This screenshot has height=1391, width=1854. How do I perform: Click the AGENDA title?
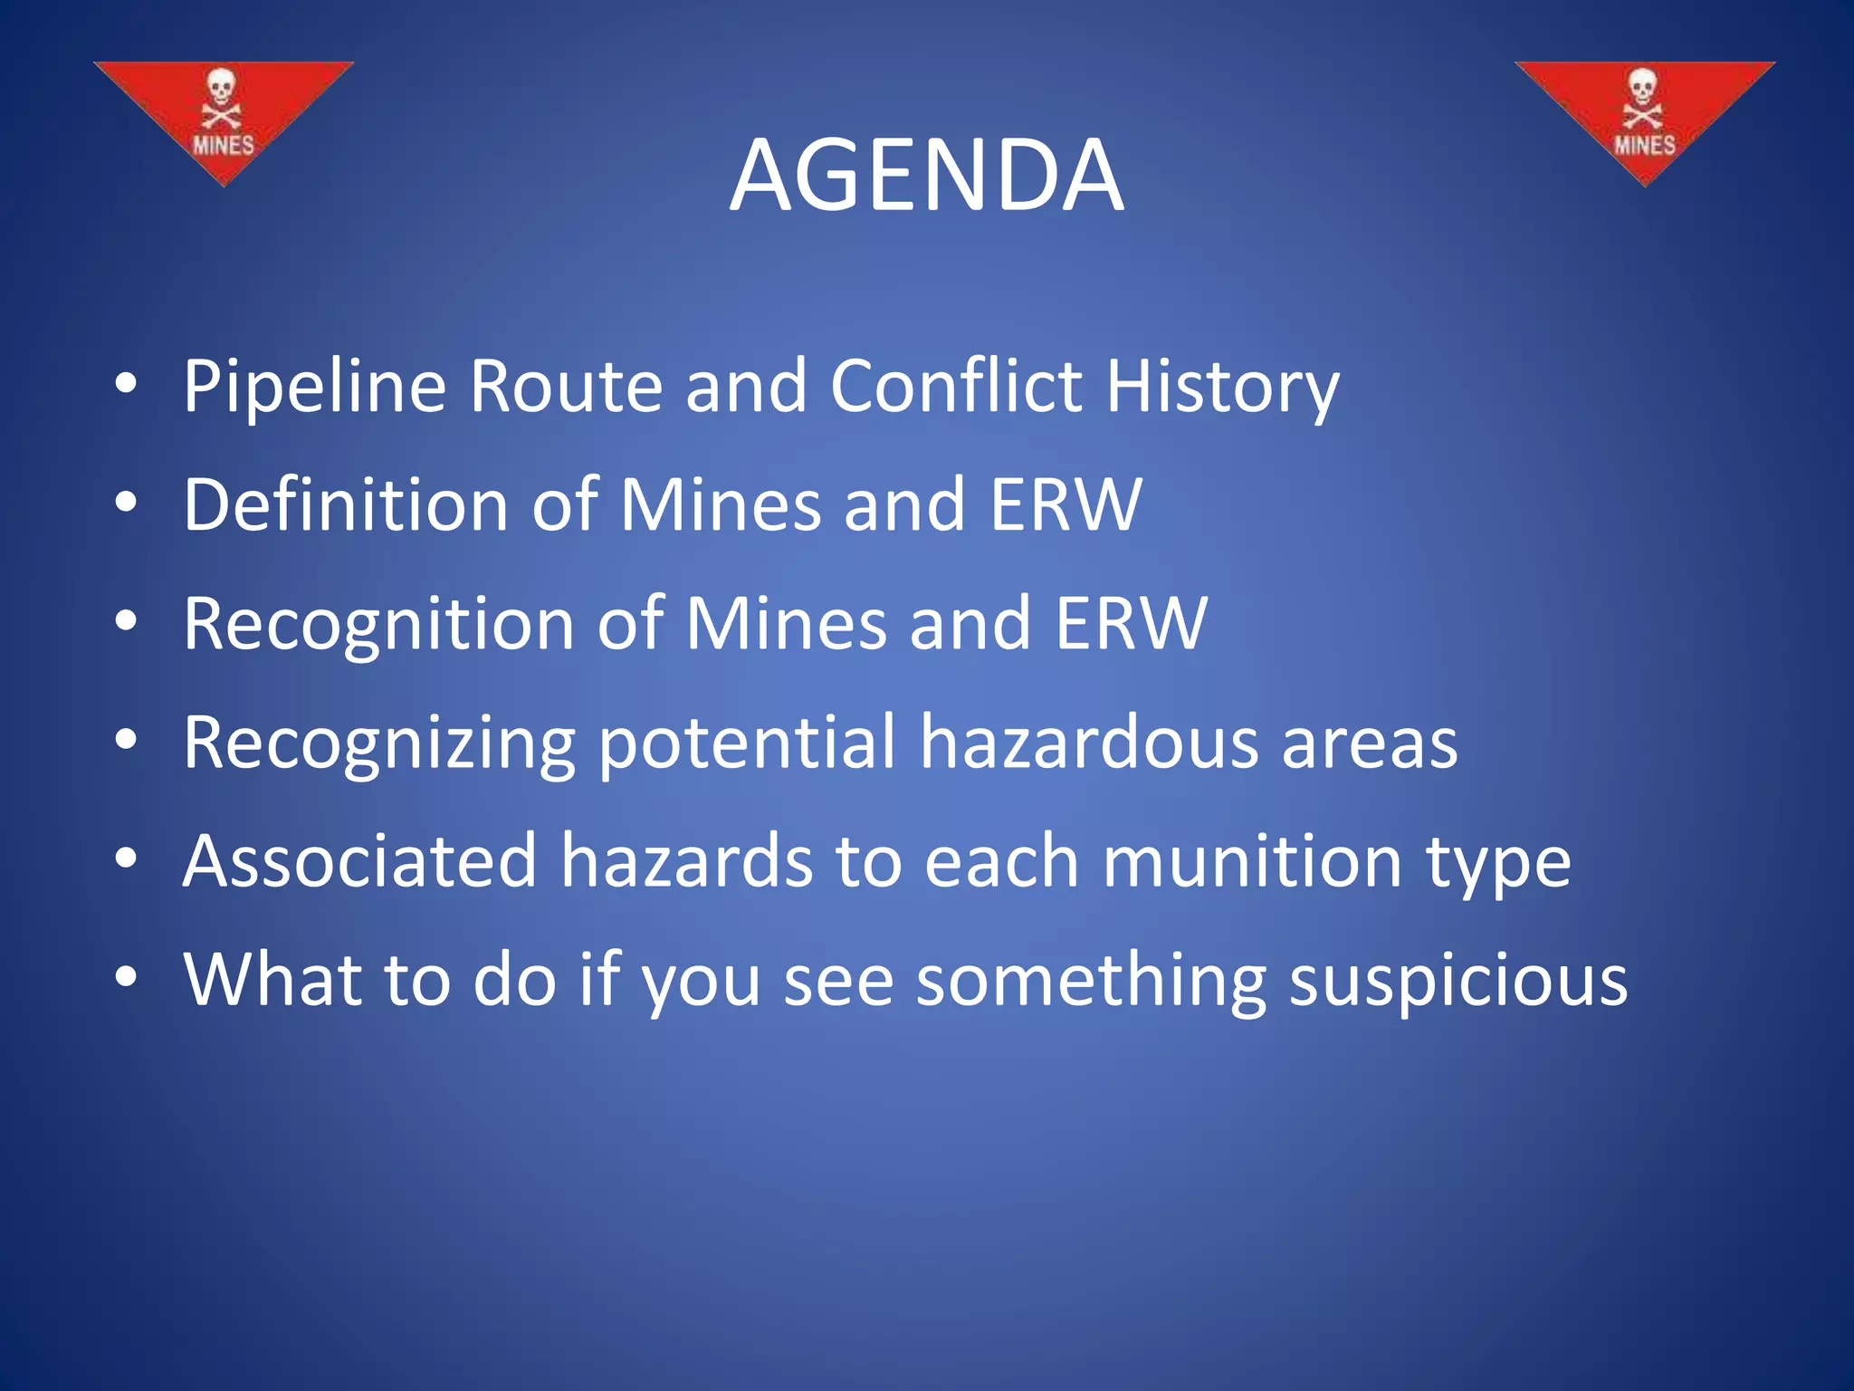coord(926,176)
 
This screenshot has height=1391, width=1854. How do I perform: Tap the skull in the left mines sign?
coord(221,89)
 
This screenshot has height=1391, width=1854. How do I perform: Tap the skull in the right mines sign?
coord(1642,89)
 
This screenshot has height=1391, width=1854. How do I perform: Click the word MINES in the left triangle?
coord(223,145)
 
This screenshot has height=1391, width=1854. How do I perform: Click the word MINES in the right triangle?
coord(1644,145)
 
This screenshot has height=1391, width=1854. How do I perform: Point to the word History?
coord(1222,388)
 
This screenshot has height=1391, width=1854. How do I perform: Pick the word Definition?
coord(345,504)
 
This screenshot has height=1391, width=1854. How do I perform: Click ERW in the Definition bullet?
coord(1066,504)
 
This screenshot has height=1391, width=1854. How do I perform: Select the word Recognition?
coord(377,624)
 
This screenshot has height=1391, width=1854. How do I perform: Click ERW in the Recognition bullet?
coord(1131,624)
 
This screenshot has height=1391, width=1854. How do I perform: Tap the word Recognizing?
coord(378,744)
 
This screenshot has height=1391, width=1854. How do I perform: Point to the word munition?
coord(1253,861)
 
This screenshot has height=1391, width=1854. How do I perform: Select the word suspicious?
coord(1457,982)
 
